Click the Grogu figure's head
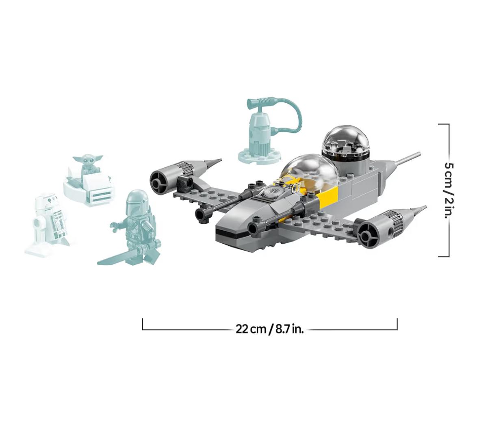point(87,160)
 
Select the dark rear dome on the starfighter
point(347,143)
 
